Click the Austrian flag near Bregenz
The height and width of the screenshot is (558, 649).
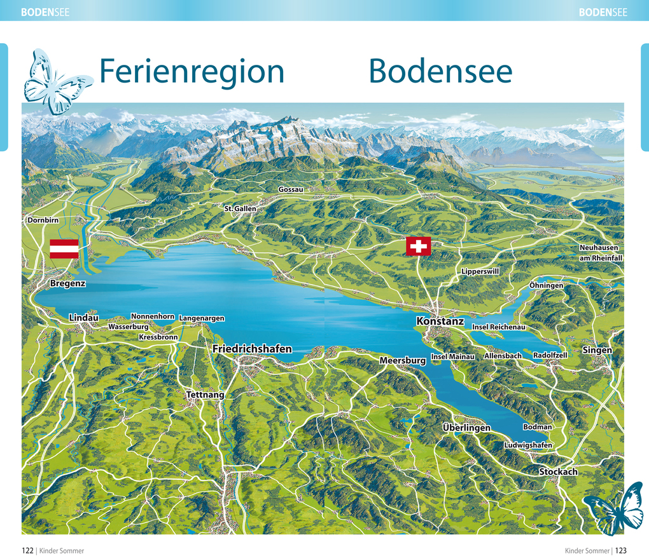click(64, 248)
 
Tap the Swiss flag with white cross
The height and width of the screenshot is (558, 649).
click(418, 246)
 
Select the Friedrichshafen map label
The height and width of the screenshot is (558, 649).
click(252, 349)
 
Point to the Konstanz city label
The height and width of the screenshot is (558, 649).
click(440, 322)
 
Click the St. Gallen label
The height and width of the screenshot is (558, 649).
click(240, 208)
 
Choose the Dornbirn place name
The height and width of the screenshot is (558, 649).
click(43, 221)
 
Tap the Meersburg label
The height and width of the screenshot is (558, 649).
click(402, 360)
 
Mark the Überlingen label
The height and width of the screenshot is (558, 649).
click(466, 428)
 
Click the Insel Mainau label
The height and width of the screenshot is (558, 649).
click(452, 357)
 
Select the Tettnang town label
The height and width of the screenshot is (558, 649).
click(205, 395)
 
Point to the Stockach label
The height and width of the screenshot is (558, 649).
click(558, 472)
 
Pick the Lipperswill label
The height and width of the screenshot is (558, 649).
click(480, 271)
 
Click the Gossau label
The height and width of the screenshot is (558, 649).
click(291, 189)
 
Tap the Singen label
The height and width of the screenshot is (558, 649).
click(597, 350)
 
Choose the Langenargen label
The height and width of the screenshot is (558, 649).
click(202, 318)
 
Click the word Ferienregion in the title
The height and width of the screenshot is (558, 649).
click(192, 71)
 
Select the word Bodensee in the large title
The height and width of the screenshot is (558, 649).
click(440, 71)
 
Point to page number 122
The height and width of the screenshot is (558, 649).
click(27, 550)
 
